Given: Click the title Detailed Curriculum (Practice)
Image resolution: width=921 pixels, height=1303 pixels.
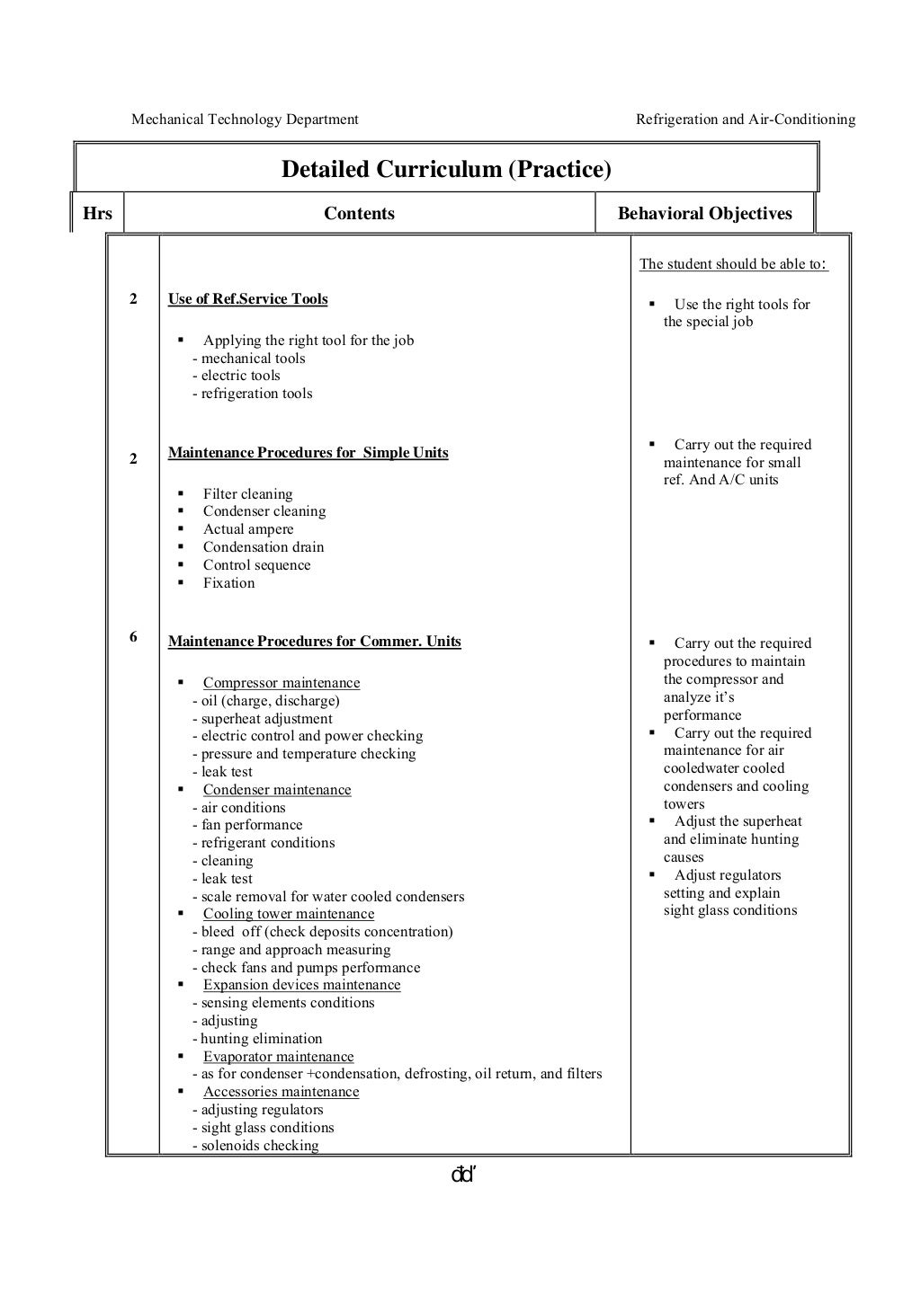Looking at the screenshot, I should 446,169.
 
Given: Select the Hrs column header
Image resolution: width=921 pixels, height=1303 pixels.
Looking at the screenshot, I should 97,214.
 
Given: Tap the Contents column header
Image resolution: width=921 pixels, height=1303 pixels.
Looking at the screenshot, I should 359,214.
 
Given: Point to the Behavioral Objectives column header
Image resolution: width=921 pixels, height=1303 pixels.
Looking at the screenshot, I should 704,214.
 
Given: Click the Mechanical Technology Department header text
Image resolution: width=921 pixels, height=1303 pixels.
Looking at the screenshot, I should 245,120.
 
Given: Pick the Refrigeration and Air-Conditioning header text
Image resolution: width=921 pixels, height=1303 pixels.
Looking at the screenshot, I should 746,120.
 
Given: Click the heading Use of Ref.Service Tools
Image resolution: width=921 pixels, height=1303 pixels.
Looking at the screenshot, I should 247,299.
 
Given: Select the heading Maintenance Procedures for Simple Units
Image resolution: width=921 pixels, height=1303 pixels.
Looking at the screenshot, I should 308,453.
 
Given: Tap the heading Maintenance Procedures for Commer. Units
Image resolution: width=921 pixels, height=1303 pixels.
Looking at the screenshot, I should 314,642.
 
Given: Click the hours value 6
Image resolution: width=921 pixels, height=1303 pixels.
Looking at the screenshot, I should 133,637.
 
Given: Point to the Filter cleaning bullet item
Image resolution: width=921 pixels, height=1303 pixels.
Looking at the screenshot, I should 247,494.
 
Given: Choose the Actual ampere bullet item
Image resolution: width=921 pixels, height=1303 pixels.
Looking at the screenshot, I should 248,529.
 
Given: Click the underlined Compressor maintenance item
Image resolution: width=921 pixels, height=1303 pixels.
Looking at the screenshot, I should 281,683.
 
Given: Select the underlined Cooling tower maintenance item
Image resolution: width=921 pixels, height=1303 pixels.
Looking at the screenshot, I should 288,914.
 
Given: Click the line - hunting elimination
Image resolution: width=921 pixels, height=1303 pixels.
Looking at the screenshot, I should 257,1039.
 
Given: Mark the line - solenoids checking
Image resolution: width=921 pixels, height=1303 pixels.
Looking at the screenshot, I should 255,1146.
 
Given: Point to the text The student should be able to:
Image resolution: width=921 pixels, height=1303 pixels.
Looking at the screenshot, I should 733,264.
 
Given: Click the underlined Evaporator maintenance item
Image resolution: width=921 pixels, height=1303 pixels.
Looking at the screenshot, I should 278,1057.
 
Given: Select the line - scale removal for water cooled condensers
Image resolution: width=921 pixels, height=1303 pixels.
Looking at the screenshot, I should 328,897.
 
